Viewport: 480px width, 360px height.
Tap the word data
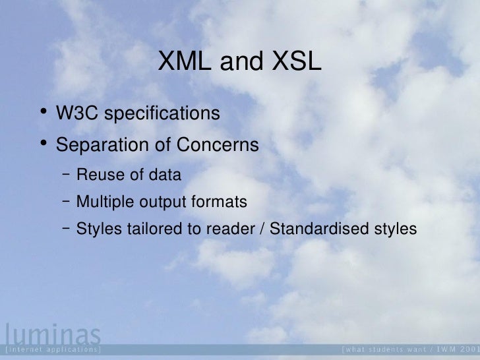164,175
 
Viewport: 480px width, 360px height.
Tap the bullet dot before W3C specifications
42,113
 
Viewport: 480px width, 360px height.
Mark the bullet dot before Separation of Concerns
42,143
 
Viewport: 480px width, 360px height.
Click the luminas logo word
51,333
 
